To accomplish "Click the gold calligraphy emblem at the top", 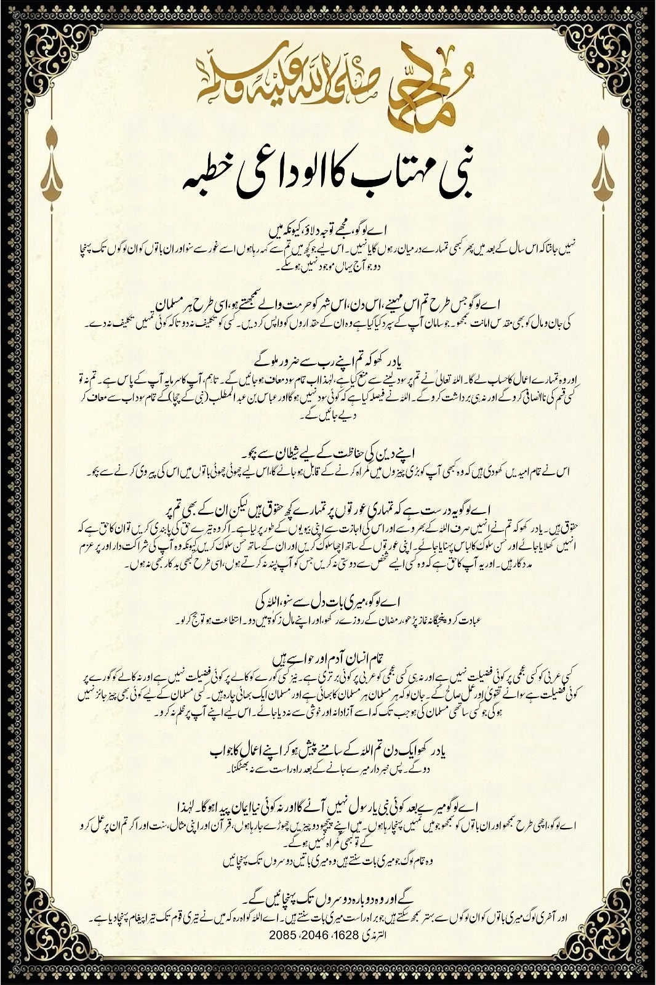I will click(328, 82).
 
